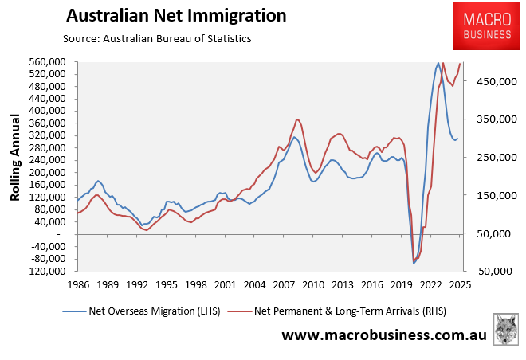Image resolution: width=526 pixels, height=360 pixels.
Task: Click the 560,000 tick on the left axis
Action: click(x=47, y=61)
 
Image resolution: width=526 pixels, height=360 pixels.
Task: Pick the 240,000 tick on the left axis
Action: click(x=47, y=160)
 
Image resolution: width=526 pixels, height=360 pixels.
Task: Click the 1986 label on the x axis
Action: click(x=79, y=284)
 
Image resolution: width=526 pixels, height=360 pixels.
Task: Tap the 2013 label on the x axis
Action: click(x=342, y=284)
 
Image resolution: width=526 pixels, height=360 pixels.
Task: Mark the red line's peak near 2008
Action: click(x=297, y=119)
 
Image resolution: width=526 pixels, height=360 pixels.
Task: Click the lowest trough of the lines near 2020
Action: click(x=414, y=263)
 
